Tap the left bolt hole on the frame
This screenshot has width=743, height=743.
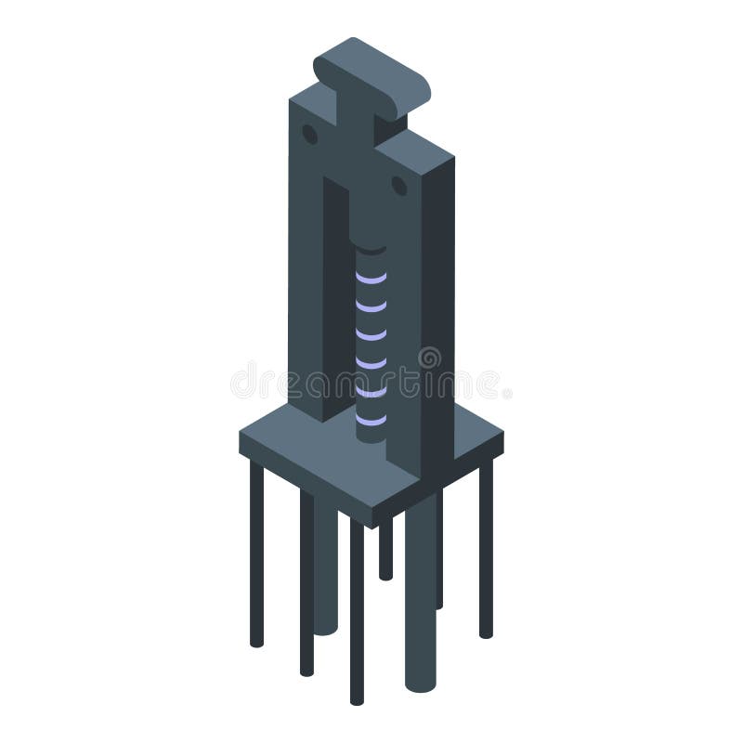(x=309, y=135)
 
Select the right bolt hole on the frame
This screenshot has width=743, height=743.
(x=399, y=186)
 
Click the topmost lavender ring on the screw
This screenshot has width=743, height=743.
(x=371, y=278)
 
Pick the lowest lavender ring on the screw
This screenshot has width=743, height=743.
(x=371, y=421)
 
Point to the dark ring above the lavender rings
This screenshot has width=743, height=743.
(x=371, y=249)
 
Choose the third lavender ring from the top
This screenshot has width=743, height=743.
(x=371, y=334)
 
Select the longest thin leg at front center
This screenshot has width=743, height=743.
(x=357, y=613)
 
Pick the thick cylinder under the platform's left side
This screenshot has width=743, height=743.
(x=326, y=567)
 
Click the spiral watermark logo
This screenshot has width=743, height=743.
(x=429, y=358)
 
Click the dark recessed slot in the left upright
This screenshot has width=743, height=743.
(x=332, y=279)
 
